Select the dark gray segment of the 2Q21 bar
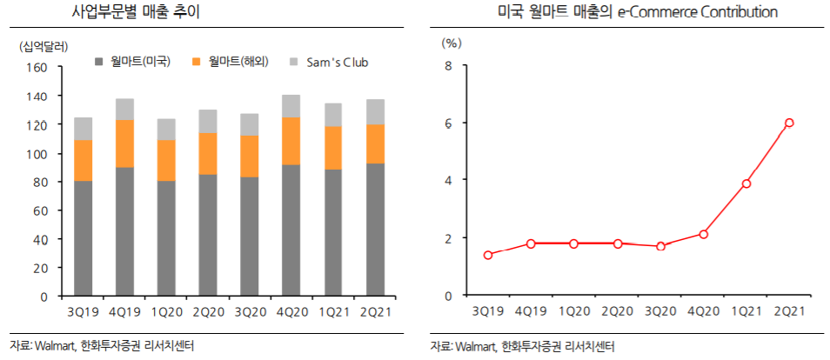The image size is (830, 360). click(375, 230)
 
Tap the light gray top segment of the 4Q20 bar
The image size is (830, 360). click(291, 106)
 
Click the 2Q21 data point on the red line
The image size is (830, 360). click(789, 123)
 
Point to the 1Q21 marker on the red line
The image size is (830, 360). click(746, 183)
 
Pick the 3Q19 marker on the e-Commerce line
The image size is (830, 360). click(488, 255)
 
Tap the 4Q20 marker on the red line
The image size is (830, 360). click(703, 234)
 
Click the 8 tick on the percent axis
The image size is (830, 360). click(450, 65)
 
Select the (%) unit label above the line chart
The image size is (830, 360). click(452, 42)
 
